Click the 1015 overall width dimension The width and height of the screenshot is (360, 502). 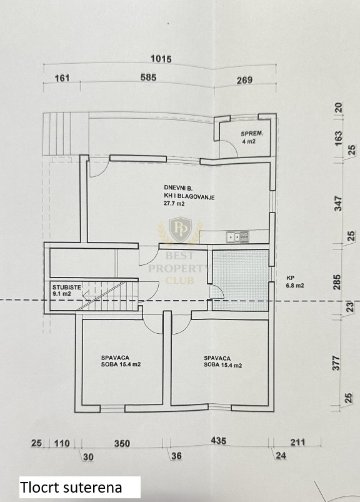pyautogui.click(x=161, y=59)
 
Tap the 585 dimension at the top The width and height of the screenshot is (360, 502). pyautogui.click(x=149, y=78)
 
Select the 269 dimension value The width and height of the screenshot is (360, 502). pyautogui.click(x=244, y=80)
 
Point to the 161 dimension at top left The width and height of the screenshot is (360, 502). pyautogui.click(x=62, y=78)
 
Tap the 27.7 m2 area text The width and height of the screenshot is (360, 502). pyautogui.click(x=174, y=203)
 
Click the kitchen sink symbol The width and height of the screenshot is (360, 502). pyautogui.click(x=237, y=236)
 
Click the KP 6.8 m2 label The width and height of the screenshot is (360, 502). pyautogui.click(x=295, y=282)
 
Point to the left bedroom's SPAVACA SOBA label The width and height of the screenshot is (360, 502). pyautogui.click(x=121, y=361)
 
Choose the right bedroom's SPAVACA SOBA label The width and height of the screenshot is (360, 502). pyautogui.click(x=222, y=362)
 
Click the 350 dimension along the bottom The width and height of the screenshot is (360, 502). pyautogui.click(x=122, y=443)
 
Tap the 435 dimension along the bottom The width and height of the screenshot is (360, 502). pyautogui.click(x=219, y=441)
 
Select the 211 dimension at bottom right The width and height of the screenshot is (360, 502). pyautogui.click(x=297, y=443)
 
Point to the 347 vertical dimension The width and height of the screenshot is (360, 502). pyautogui.click(x=337, y=204)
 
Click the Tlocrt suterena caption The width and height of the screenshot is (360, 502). pyautogui.click(x=71, y=487)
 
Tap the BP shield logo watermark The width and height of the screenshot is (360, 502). pyautogui.click(x=181, y=230)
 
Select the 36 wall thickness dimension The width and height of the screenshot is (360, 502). pyautogui.click(x=176, y=456)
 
